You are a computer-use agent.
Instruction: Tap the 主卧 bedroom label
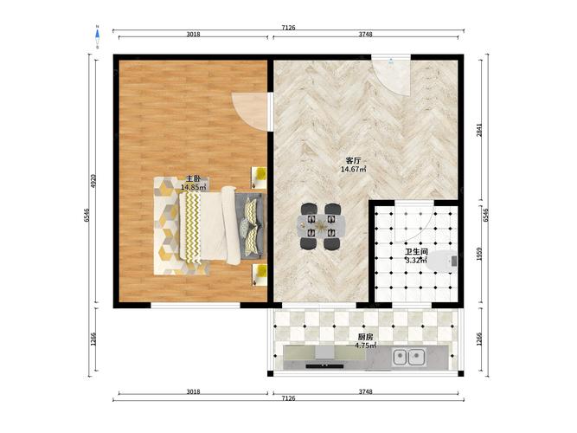[x=192, y=178]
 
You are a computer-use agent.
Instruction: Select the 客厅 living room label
[x=353, y=161]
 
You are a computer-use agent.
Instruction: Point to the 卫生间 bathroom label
[x=416, y=252]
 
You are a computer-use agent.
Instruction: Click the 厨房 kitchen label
[x=365, y=337]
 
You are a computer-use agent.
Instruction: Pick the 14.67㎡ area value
[x=353, y=170]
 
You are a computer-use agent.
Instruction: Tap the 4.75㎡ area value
[x=365, y=346]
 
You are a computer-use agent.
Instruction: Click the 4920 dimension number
[x=93, y=181]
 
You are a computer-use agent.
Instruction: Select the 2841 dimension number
[x=479, y=130]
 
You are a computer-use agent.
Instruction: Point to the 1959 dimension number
[x=479, y=254]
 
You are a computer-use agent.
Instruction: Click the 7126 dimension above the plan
[x=289, y=28]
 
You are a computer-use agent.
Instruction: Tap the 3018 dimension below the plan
[x=193, y=391]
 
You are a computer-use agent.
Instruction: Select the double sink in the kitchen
[x=408, y=357]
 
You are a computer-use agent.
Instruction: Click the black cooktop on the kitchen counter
[x=324, y=366]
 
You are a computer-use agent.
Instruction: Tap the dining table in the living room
[x=322, y=226]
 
